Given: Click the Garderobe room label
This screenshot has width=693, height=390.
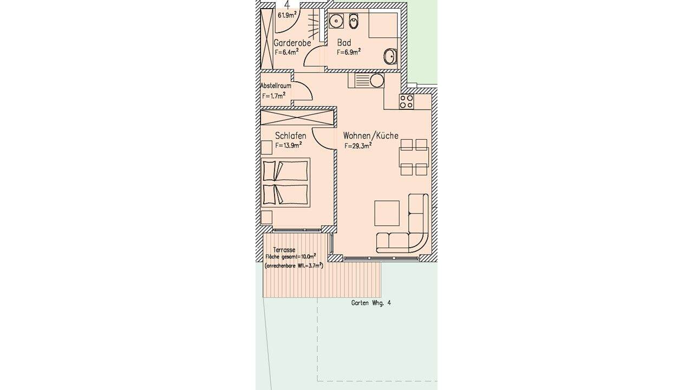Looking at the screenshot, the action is click(292, 43).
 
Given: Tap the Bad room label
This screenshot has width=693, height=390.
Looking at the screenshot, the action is click(344, 42).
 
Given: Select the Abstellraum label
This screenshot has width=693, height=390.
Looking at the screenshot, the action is click(276, 86).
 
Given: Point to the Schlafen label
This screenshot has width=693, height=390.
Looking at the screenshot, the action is click(291, 135).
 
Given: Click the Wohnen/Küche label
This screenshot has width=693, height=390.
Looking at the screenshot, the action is click(371, 135).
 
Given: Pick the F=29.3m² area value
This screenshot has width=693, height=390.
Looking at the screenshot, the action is click(358, 146).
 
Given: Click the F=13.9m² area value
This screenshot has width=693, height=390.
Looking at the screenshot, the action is click(289, 145).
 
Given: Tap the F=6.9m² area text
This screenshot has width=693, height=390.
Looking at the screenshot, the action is click(348, 51).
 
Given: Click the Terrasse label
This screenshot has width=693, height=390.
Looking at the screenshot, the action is click(284, 250).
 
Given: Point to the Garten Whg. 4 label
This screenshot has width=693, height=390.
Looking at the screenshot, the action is click(371, 303).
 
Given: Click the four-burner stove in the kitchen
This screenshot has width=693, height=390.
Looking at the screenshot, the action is click(407, 101).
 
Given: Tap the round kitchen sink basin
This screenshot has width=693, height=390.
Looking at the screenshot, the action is click(377, 81).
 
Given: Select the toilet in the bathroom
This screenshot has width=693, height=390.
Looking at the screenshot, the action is click(354, 21).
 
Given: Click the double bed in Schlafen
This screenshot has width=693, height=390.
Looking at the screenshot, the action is click(285, 183).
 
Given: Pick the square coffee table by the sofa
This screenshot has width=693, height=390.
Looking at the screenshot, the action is click(387, 213).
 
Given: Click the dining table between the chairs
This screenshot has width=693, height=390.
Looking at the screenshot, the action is click(414, 157).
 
